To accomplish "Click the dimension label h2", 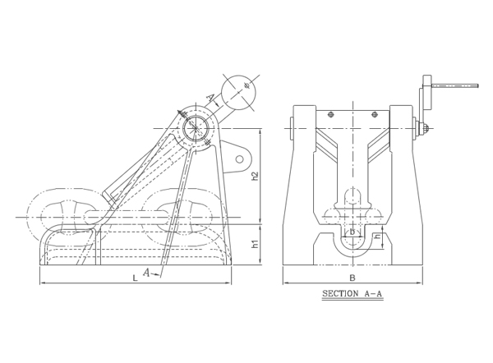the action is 256,176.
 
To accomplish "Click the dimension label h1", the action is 256,244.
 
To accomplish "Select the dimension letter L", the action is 135,278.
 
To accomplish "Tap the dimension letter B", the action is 352,278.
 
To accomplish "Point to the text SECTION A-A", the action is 352,294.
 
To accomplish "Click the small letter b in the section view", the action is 352,232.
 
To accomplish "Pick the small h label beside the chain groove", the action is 378,237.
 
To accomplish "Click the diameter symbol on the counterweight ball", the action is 246,85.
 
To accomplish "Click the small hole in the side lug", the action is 240,159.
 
